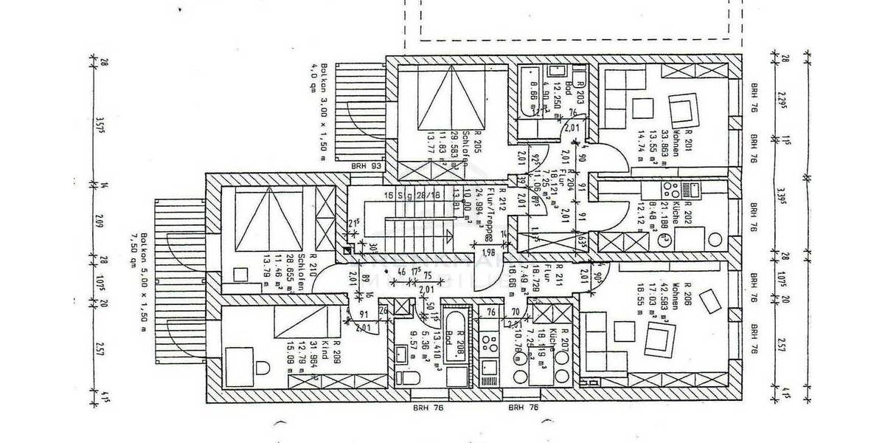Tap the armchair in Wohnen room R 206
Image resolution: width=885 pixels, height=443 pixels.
655,339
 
